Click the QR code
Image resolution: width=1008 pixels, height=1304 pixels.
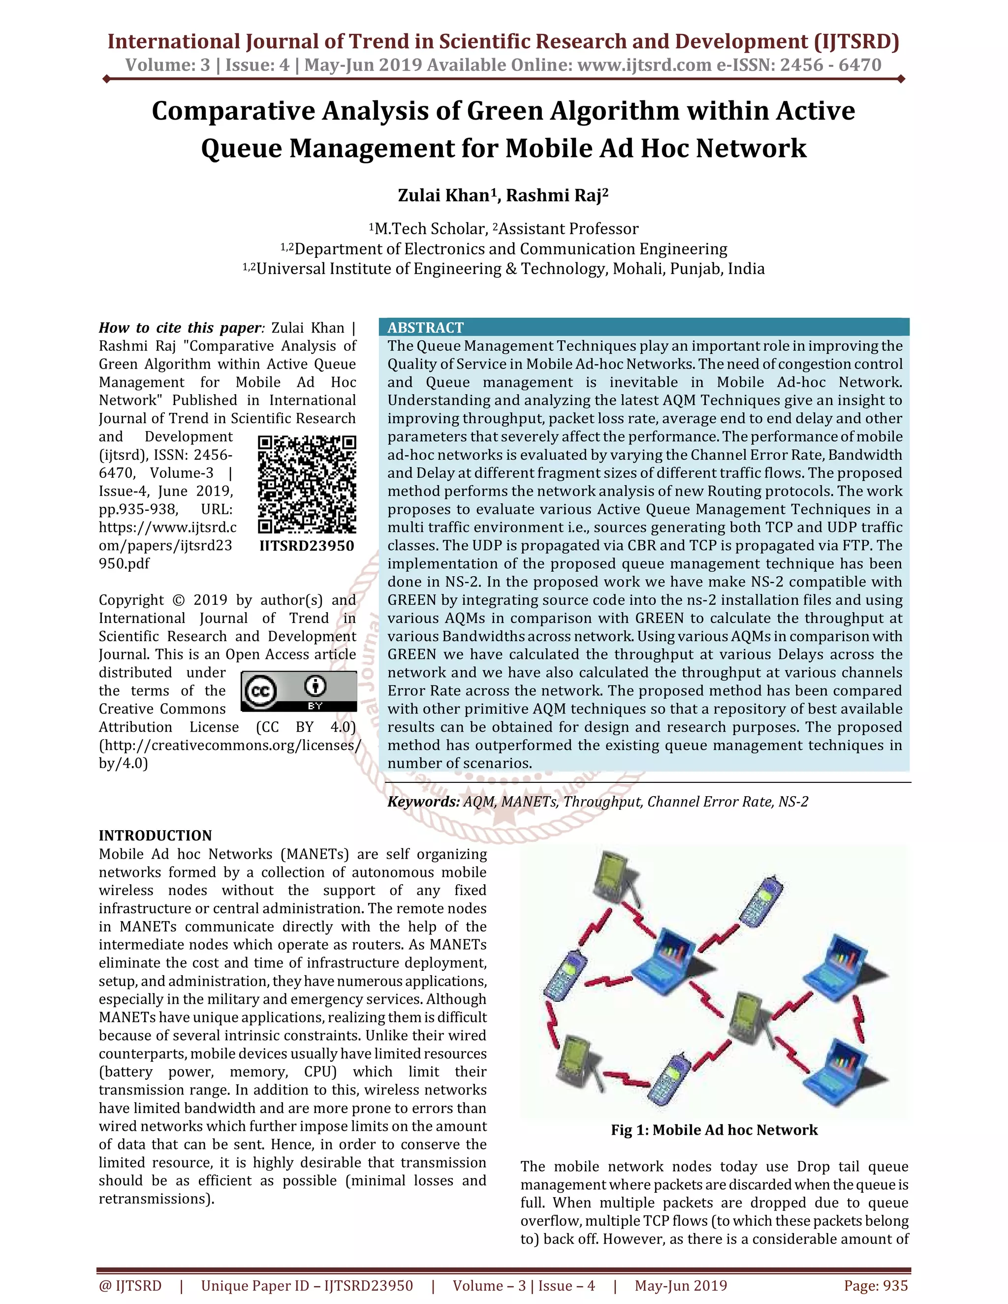(307, 484)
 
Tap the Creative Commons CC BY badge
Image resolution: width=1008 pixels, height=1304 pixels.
(299, 691)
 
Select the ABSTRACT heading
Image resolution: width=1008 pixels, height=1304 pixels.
(425, 327)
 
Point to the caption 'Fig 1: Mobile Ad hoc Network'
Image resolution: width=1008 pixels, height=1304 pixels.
(714, 1130)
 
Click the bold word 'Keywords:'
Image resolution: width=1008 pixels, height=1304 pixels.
(423, 801)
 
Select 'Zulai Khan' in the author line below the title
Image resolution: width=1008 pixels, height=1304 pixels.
(443, 196)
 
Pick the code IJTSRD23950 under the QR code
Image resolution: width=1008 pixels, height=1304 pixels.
(307, 545)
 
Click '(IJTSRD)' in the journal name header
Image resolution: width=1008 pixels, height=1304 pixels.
(856, 41)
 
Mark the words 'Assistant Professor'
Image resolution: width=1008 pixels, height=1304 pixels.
(568, 229)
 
